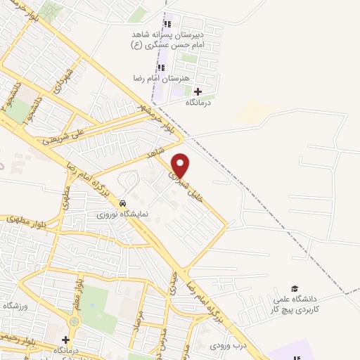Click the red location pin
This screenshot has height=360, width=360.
coord(181,165)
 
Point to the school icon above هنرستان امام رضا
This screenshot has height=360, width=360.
coord(160,68)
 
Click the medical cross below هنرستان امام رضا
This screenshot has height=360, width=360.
coord(198,91)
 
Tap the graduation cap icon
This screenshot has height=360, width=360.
coord(295,289)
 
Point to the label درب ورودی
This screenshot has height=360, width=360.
coord(226,345)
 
